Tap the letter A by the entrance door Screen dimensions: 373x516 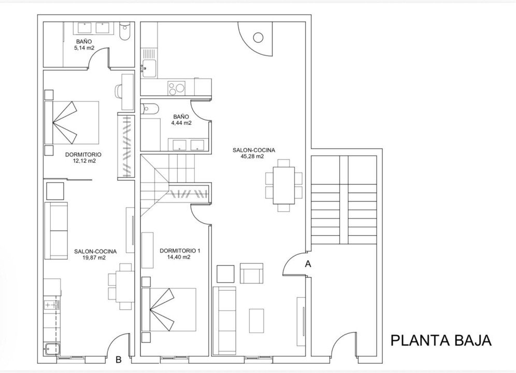(308, 264)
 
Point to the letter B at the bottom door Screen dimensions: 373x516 (118, 361)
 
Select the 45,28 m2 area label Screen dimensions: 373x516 (253, 156)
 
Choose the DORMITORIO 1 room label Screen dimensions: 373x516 (180, 250)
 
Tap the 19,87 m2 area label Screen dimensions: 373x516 (95, 257)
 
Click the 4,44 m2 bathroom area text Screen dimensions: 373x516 (181, 123)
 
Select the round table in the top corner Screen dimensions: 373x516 (258, 37)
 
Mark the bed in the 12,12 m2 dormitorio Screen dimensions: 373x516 (73, 122)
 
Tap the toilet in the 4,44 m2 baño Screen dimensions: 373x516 (150, 109)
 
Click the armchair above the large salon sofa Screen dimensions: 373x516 (251, 274)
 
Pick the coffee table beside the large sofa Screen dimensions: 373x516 (256, 320)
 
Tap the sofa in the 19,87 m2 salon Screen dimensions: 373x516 (56, 230)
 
